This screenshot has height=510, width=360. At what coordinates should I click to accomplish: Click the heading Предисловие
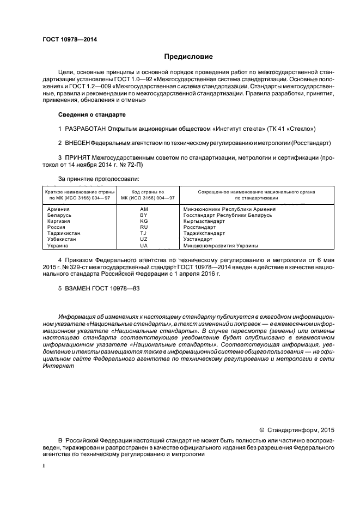click(189, 56)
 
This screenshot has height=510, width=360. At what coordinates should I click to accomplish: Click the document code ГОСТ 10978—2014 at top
click(66, 39)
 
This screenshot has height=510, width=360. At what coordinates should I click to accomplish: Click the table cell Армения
click(58, 209)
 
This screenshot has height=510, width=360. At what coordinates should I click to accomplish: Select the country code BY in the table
click(144, 215)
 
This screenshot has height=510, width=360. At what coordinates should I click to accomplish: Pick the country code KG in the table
click(144, 221)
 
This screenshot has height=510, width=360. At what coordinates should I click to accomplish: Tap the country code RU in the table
click(144, 227)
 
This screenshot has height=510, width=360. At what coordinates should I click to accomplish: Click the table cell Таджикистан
click(64, 233)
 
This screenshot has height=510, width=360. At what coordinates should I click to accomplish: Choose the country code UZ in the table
click(144, 239)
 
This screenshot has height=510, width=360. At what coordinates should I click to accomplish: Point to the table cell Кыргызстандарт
click(204, 221)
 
